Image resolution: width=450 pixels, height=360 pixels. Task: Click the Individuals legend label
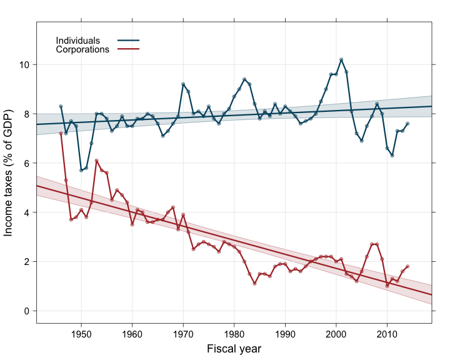click(x=78, y=41)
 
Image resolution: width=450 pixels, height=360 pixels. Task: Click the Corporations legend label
click(x=83, y=49)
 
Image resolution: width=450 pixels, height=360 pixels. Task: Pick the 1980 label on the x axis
click(x=234, y=334)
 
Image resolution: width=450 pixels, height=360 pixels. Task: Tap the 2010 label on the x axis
click(x=387, y=334)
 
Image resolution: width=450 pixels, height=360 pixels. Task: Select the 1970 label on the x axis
click(x=183, y=334)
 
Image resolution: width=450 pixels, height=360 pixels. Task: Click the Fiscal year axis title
click(x=234, y=349)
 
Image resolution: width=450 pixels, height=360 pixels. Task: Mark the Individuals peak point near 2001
click(x=341, y=59)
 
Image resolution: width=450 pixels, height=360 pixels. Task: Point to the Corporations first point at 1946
click(x=61, y=134)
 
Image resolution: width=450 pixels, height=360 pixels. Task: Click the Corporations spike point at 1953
click(x=96, y=161)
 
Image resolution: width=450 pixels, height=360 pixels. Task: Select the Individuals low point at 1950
click(x=81, y=171)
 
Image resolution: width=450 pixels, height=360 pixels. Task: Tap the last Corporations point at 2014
click(x=407, y=266)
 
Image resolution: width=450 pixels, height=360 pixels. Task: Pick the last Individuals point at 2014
click(x=407, y=124)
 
